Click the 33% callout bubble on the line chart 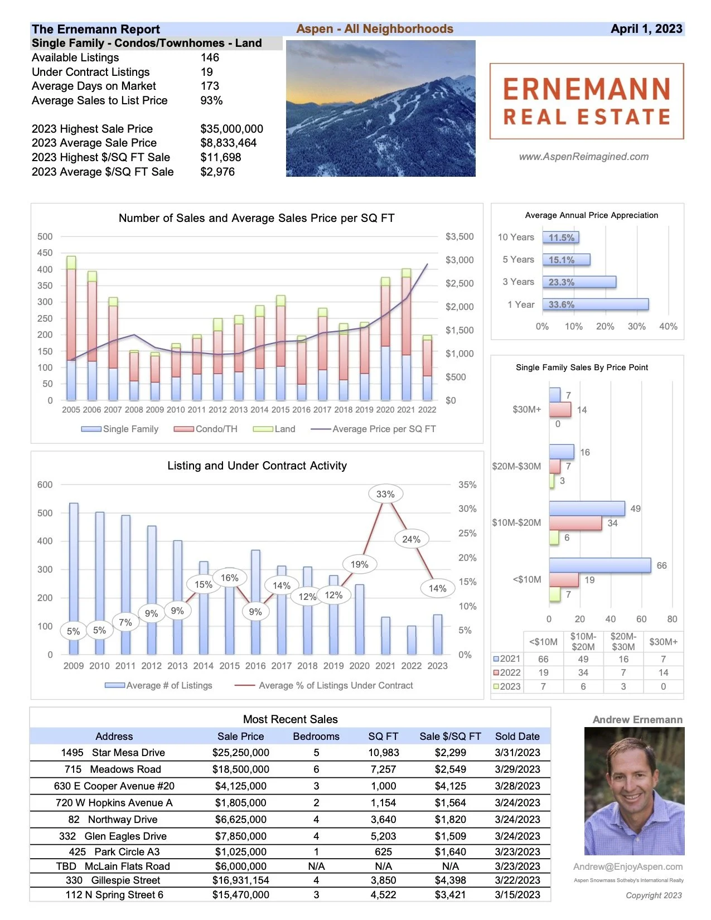[385, 494]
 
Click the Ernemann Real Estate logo [586, 101]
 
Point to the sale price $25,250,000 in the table [240, 753]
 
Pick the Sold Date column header [517, 736]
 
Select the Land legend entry [274, 429]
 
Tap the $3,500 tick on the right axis [460, 236]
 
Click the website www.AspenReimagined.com [583, 157]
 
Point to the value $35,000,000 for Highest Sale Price [231, 129]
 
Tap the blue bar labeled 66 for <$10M [599, 565]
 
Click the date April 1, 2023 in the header [646, 29]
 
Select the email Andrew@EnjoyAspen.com [628, 866]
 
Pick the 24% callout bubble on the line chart [411, 539]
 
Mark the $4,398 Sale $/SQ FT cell [450, 880]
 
